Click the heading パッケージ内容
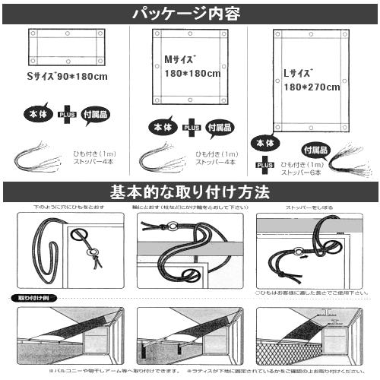(189, 12)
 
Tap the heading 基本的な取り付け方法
(189, 192)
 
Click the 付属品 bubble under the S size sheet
(95, 113)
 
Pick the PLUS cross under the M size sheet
(192, 128)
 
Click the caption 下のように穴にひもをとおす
(67, 207)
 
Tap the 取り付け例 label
(28, 298)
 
